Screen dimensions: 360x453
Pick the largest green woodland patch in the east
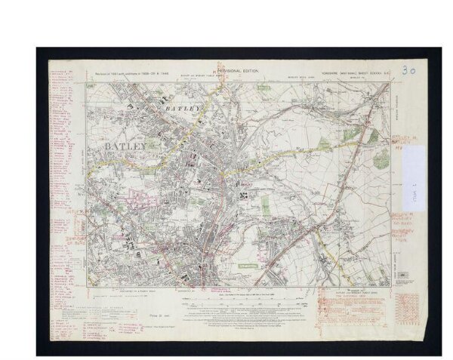point(380,158)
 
